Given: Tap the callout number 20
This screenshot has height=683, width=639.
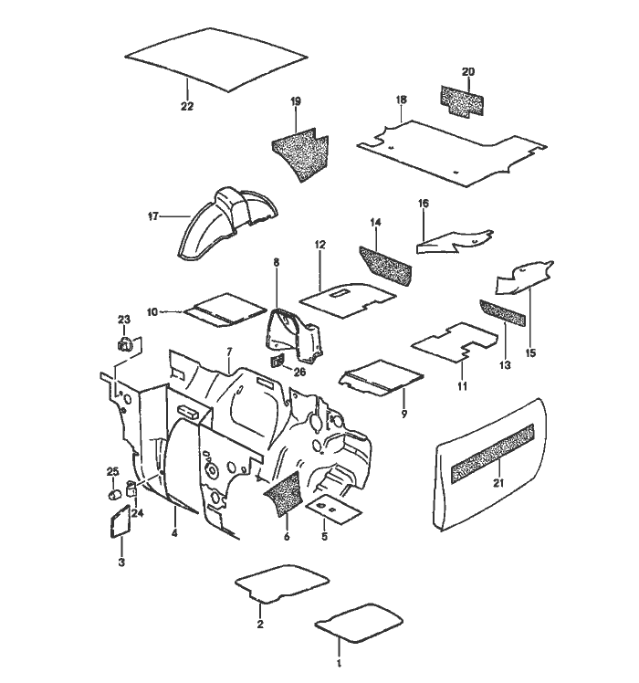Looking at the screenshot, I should point(468,71).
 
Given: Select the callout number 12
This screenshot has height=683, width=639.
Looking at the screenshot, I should point(320,246).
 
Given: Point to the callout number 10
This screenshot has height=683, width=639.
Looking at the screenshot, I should point(152,312).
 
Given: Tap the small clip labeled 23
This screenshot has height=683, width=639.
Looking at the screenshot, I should point(125,345).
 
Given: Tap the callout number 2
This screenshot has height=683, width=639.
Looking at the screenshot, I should point(260,625).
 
